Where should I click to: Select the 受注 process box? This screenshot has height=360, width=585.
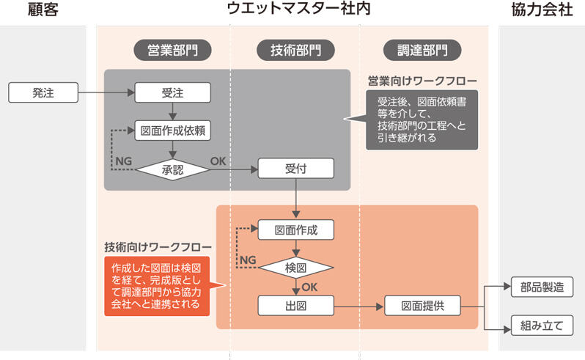coord(173,92)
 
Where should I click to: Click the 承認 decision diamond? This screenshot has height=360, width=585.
coord(173,169)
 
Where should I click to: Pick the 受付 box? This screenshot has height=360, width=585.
coord(295,169)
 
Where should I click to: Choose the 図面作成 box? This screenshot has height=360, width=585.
coord(295,229)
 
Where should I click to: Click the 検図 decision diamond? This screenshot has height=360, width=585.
coord(295,268)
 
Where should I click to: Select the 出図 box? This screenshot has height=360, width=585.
coord(295,305)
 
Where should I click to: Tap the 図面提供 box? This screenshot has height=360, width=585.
coord(421,305)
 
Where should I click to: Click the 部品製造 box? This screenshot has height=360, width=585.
coord(542,287)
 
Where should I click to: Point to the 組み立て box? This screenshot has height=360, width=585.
coord(542,326)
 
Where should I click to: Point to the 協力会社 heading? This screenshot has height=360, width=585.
coord(542,10)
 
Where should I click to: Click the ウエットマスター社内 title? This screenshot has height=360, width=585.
coord(296,10)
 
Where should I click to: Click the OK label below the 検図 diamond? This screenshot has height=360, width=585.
coord(309,287)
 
